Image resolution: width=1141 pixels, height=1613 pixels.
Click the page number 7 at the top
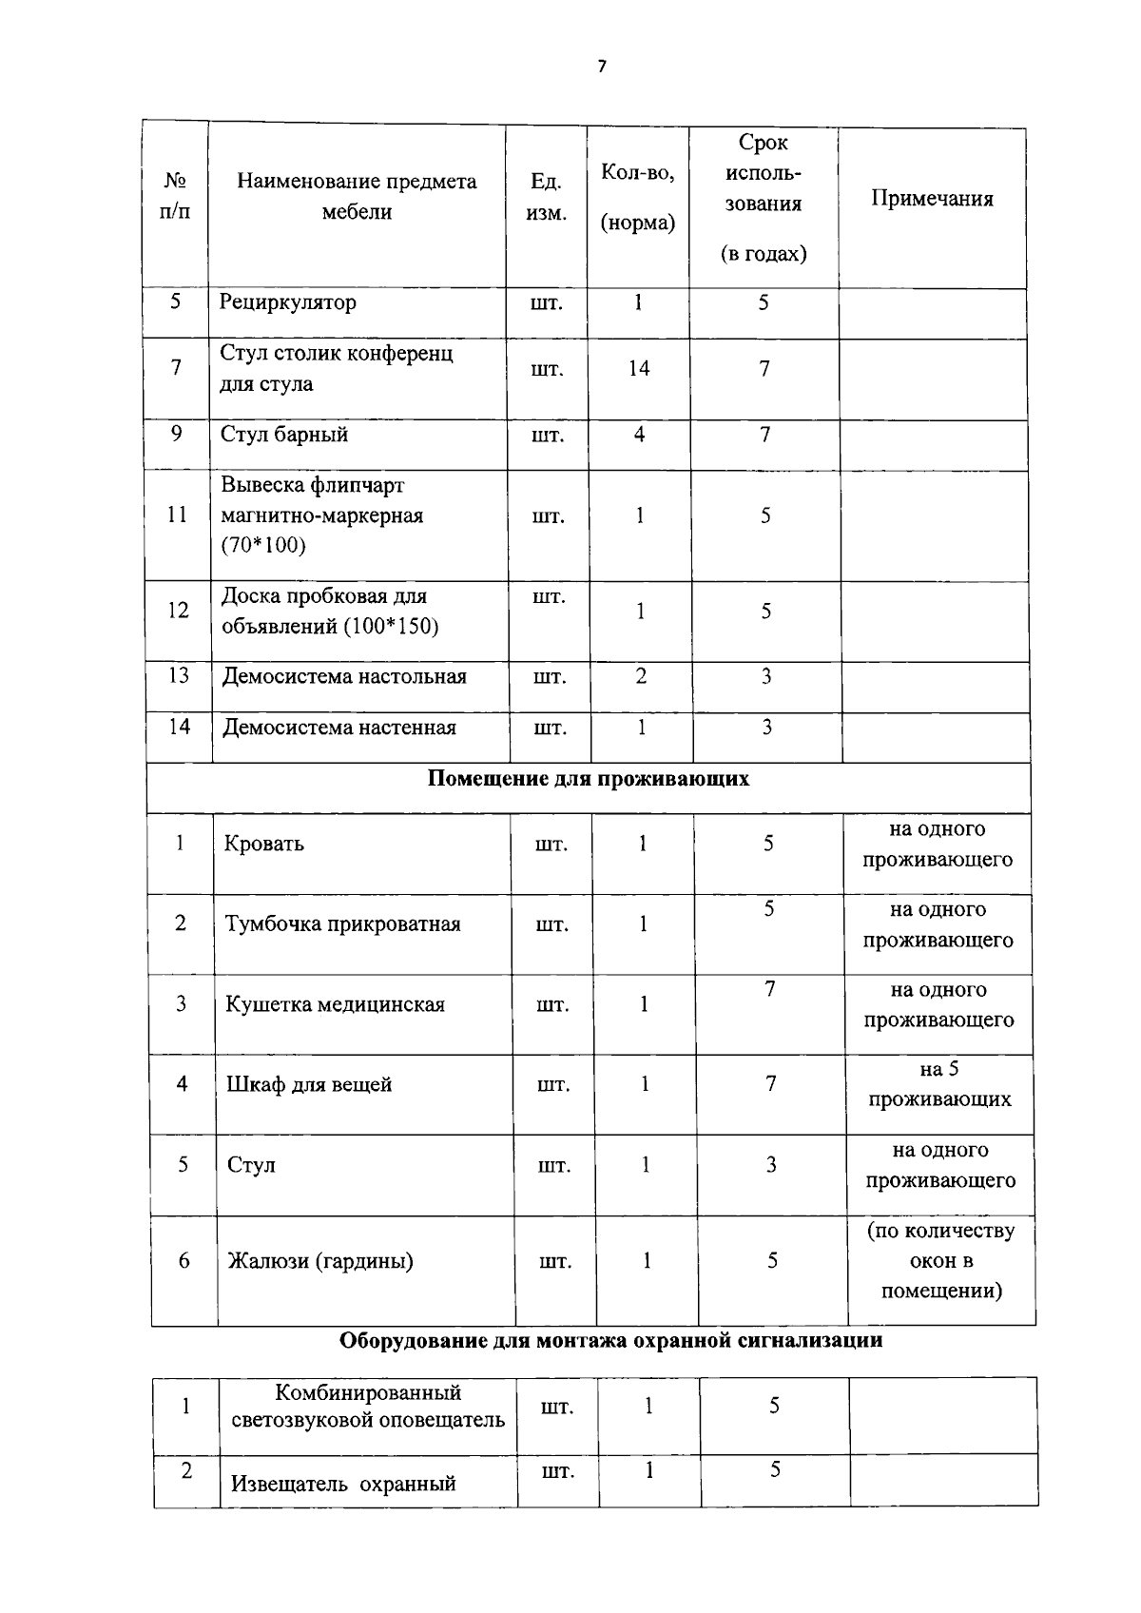tap(600, 67)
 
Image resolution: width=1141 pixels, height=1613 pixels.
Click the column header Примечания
tap(932, 199)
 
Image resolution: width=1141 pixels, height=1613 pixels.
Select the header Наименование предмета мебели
tap(357, 196)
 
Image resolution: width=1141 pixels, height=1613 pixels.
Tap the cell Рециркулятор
tap(288, 302)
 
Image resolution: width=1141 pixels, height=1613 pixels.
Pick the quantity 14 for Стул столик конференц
tap(639, 368)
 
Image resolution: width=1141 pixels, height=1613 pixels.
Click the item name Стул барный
tap(284, 435)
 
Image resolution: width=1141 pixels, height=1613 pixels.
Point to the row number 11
tap(177, 515)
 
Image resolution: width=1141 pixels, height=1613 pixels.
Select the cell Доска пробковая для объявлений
tap(329, 611)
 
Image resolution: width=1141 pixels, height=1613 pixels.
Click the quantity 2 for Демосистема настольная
tap(641, 676)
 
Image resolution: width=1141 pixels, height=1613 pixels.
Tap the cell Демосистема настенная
tap(339, 728)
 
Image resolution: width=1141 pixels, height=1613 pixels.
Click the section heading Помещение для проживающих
tap(588, 779)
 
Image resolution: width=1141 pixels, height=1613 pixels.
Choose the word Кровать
tap(264, 844)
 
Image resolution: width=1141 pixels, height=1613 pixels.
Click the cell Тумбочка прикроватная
tap(342, 924)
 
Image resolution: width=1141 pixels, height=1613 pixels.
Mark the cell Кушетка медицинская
tap(335, 1004)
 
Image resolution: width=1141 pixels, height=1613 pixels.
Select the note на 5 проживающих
tap(939, 1084)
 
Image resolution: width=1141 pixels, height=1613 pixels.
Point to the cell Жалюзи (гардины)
tap(320, 1261)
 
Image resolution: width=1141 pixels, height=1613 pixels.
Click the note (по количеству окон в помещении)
tap(940, 1260)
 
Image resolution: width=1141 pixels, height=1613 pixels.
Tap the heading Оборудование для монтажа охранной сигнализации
tap(610, 1341)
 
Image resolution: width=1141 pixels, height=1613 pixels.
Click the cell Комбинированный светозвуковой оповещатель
tap(368, 1406)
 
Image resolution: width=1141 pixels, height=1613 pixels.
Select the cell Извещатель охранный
tap(343, 1483)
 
